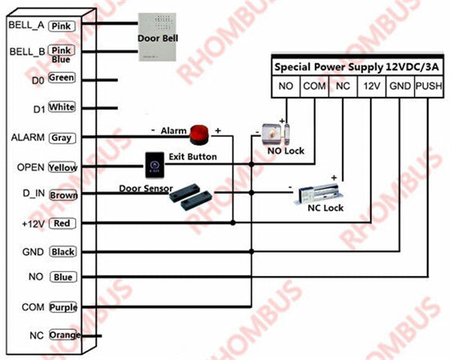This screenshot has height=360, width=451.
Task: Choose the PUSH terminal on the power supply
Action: (x=427, y=86)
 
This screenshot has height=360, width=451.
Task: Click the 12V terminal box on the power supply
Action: (x=371, y=86)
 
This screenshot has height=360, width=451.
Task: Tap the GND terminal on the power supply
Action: (x=399, y=86)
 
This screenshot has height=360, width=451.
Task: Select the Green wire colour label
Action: (x=62, y=78)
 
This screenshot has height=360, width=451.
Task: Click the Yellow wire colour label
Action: (x=62, y=167)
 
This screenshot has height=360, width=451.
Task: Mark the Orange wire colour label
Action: (x=64, y=334)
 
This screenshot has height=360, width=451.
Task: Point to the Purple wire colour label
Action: (x=63, y=307)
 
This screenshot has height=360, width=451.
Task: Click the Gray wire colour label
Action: (x=61, y=138)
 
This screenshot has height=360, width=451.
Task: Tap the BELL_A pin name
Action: (x=26, y=25)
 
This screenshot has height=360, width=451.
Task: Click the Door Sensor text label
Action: (x=146, y=188)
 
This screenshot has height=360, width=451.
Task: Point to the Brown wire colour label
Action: (x=63, y=195)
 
